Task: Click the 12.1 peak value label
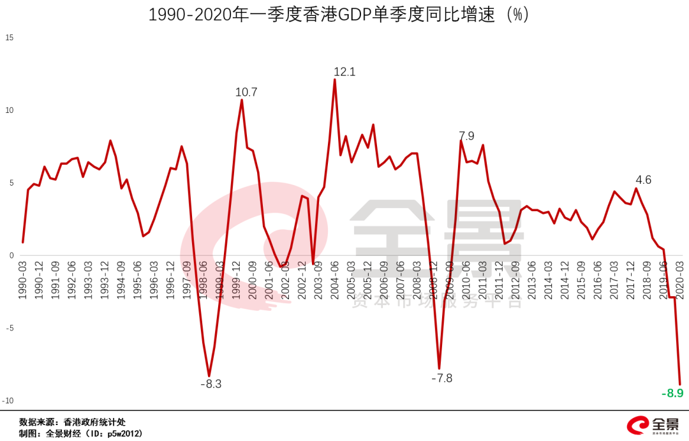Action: pos(344,72)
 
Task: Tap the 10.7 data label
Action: pos(246,93)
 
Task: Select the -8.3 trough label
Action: pos(211,384)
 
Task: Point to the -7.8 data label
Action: pos(441,378)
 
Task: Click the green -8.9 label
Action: pos(672,393)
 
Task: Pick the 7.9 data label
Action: pos(466,136)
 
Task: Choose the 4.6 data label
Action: pos(643,180)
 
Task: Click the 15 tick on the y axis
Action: pos(9,38)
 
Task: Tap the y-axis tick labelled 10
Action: pos(9,110)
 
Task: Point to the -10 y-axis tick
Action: pos(8,401)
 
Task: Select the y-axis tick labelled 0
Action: pos(11,256)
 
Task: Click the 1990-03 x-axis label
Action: pos(24,278)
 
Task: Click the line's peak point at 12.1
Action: pos(335,80)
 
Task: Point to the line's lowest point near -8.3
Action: pos(209,376)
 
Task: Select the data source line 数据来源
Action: pos(72,422)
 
